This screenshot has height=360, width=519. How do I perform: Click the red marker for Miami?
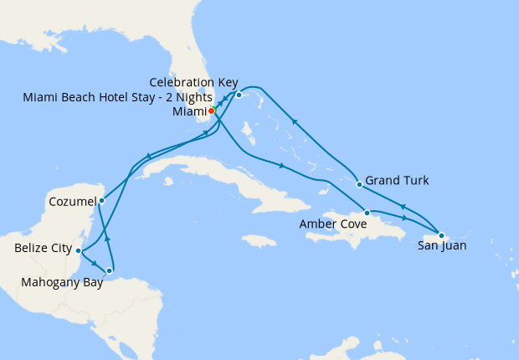(211, 111)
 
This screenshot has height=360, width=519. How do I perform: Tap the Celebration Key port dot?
(239, 95)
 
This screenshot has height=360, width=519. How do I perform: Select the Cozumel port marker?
(101, 200)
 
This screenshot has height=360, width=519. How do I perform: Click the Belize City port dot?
(78, 250)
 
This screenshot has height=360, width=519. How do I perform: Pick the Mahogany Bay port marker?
(110, 270)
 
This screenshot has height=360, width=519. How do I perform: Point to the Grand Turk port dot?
(358, 184)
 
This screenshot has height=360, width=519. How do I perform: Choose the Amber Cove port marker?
(367, 213)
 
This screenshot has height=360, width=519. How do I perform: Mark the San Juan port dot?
(441, 235)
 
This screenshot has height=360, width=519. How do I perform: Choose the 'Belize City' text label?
(43, 249)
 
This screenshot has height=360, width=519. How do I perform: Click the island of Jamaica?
(259, 241)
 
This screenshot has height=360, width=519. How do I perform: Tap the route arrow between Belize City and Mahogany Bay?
(92, 262)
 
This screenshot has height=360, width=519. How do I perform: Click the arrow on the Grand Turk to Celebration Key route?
(294, 122)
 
